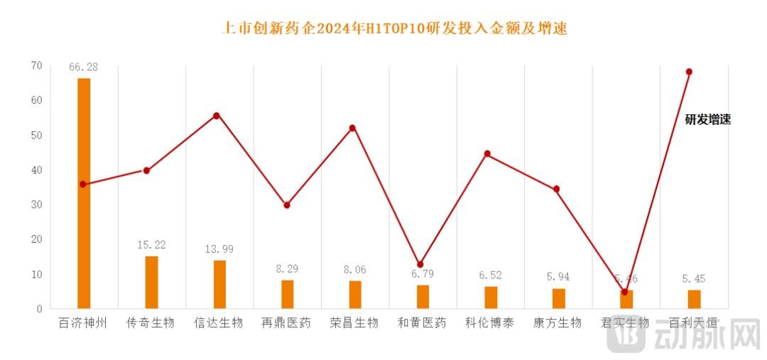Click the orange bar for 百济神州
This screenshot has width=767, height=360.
click(x=84, y=193)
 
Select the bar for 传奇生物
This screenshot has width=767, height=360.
click(x=151, y=283)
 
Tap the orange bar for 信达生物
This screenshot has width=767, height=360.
click(x=219, y=285)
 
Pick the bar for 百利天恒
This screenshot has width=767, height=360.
click(x=694, y=300)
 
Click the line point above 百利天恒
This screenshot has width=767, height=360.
click(x=689, y=72)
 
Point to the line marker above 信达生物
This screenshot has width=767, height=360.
click(x=216, y=115)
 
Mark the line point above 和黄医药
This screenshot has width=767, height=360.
click(x=420, y=264)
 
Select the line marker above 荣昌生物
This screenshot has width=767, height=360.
click(x=352, y=128)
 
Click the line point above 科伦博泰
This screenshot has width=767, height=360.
click(x=487, y=153)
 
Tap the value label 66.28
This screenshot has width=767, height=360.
click(x=83, y=67)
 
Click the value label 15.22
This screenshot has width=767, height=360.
click(x=151, y=244)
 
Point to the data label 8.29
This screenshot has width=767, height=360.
click(x=287, y=269)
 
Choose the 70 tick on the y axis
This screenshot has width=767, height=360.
click(x=36, y=65)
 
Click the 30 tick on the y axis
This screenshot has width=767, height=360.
click(x=36, y=204)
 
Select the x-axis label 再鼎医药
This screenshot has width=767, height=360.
click(x=286, y=323)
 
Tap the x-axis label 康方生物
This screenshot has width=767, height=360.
click(x=557, y=323)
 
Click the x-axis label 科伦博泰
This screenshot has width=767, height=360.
click(x=489, y=323)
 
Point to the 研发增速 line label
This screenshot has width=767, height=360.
click(x=707, y=120)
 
